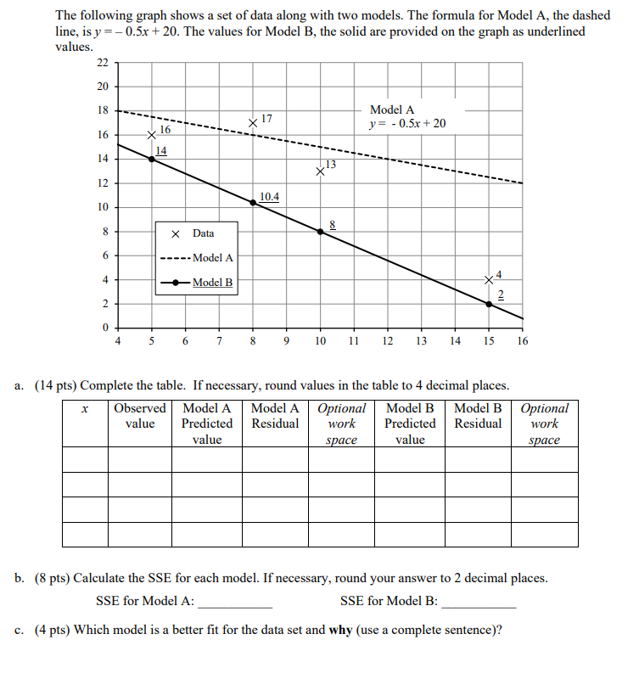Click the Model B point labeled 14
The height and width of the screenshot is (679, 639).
click(x=152, y=159)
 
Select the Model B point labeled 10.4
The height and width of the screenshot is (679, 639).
click(x=253, y=202)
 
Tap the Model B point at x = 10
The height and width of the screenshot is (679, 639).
click(x=321, y=231)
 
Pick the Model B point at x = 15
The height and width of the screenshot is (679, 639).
click(x=489, y=304)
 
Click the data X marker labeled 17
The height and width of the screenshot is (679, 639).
click(x=253, y=123)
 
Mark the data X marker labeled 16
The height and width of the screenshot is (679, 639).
click(x=152, y=135)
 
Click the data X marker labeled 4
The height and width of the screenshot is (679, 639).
click(x=489, y=279)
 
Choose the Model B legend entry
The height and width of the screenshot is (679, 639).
click(x=197, y=283)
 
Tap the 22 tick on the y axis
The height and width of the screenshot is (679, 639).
click(x=102, y=63)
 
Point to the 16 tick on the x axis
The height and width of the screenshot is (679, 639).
click(x=522, y=341)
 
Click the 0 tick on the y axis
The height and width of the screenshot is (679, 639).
click(x=105, y=328)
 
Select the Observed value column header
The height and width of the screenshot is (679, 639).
click(x=140, y=416)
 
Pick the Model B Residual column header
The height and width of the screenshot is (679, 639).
click(x=478, y=416)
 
